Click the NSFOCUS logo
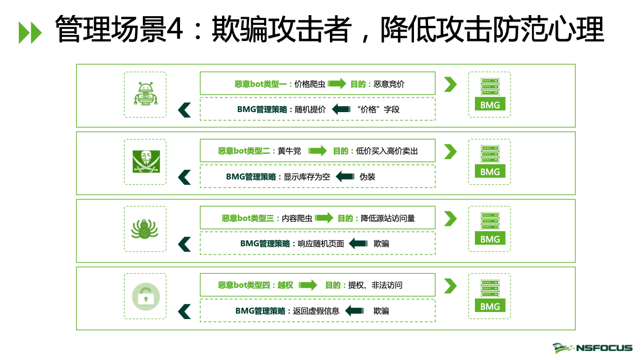click(592, 348)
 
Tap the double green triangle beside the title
click(30, 33)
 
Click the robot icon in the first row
click(145, 94)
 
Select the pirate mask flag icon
click(145, 161)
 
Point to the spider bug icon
click(145, 229)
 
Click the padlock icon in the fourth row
click(145, 296)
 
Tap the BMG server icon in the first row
click(490, 94)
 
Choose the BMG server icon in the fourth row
click(490, 296)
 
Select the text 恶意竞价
click(389, 84)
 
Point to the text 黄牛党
click(289, 151)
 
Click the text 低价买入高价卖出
click(386, 151)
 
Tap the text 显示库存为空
click(307, 176)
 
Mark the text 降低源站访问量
click(388, 218)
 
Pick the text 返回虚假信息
click(316, 310)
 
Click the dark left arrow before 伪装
click(345, 176)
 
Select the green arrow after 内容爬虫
click(325, 218)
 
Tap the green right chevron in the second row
click(450, 151)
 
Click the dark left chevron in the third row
click(184, 244)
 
